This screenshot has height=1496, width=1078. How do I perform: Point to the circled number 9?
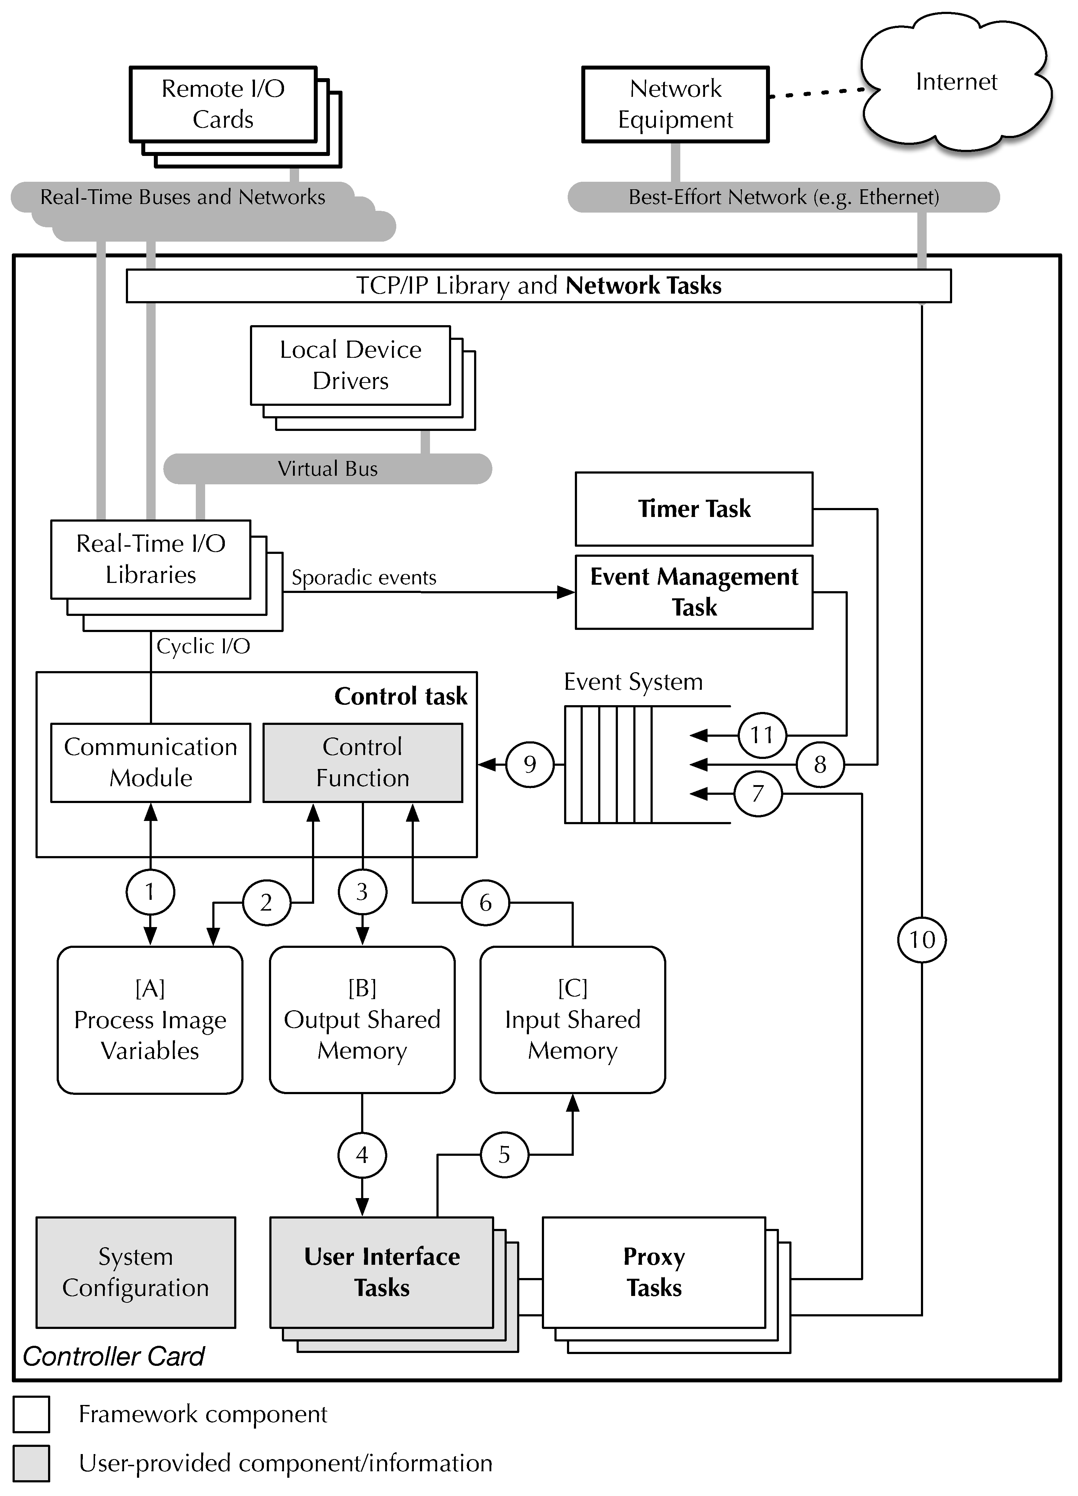pyautogui.click(x=530, y=764)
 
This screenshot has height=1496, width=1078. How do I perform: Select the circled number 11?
pyautogui.click(x=761, y=735)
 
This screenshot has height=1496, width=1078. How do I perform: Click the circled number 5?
pyautogui.click(x=504, y=1154)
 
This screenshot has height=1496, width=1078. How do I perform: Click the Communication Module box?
pyautogui.click(x=150, y=763)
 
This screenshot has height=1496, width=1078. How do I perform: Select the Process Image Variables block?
pyautogui.click(x=150, y=1020)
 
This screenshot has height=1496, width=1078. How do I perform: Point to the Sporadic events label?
pyautogui.click(x=364, y=578)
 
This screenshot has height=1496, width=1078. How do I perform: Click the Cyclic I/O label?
pyautogui.click(x=203, y=646)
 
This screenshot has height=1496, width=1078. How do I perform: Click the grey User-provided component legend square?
pyautogui.click(x=31, y=1463)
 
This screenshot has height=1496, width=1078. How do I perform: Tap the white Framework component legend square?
pyautogui.click(x=31, y=1414)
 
